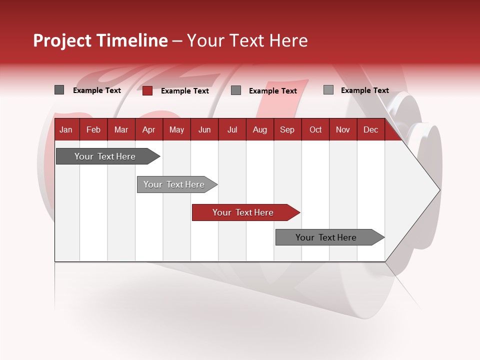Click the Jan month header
click(x=66, y=129)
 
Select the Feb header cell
click(x=93, y=129)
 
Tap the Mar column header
click(x=121, y=129)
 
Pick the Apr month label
click(x=149, y=129)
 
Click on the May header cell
click(x=176, y=129)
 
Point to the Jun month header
click(x=204, y=129)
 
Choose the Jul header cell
click(x=232, y=129)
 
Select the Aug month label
click(x=259, y=129)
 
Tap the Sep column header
click(x=287, y=129)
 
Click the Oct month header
click(x=315, y=129)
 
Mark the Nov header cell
click(x=343, y=129)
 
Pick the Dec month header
click(x=370, y=129)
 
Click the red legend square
click(x=147, y=90)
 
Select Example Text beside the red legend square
click(x=185, y=91)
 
